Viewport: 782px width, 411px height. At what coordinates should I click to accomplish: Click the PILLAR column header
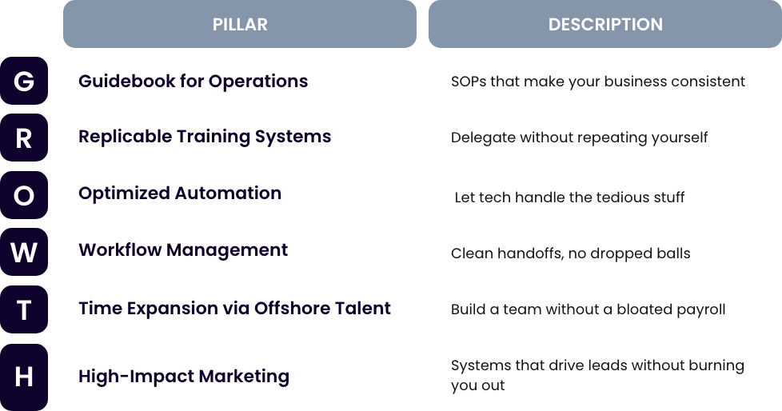point(240,24)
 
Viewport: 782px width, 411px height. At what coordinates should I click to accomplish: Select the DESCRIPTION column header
point(605,24)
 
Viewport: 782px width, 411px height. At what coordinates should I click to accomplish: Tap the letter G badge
point(24,81)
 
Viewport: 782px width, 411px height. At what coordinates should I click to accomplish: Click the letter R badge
point(24,138)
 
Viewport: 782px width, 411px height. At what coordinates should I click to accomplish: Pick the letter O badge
point(24,195)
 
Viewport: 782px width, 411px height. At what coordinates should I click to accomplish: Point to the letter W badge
point(24,252)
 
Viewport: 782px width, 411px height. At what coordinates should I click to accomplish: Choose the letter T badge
point(24,309)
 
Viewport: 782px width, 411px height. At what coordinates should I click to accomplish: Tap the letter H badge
point(24,377)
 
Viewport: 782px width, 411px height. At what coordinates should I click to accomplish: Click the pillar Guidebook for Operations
point(193,82)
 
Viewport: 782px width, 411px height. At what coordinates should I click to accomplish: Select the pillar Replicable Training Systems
point(205,137)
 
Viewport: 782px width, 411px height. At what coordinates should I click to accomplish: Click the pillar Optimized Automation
point(180,194)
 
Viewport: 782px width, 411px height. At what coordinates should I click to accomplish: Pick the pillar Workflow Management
point(183,250)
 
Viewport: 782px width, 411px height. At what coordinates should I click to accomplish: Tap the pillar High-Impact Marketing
point(184,377)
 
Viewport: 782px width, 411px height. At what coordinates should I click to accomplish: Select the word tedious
point(621,197)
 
